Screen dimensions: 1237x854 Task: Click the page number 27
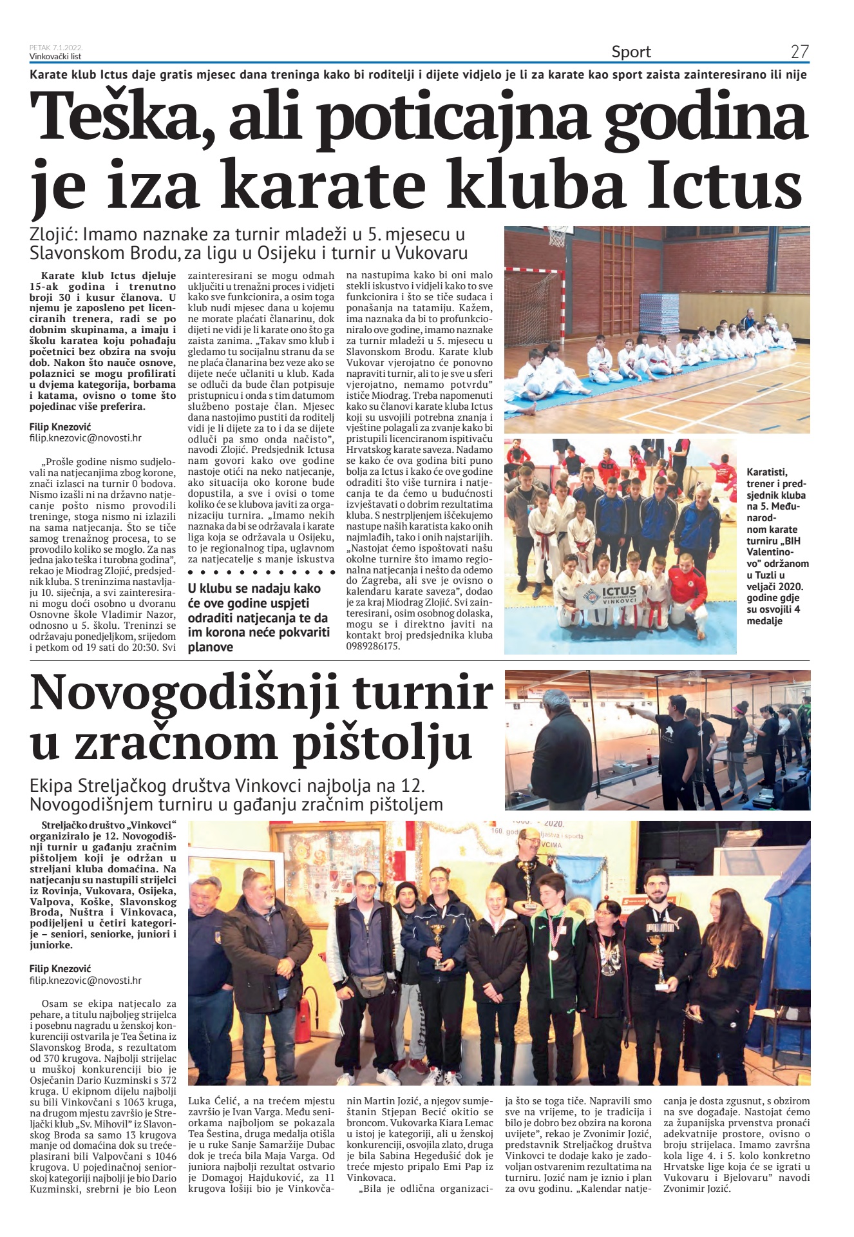click(799, 52)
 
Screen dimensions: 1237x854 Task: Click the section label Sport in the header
click(631, 52)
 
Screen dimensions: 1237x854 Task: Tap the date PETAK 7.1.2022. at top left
click(56, 48)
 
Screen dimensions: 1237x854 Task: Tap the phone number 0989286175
click(374, 646)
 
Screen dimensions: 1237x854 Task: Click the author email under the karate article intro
click(86, 437)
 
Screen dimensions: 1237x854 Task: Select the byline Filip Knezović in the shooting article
click(61, 968)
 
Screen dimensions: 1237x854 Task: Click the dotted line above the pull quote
click(261, 572)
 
